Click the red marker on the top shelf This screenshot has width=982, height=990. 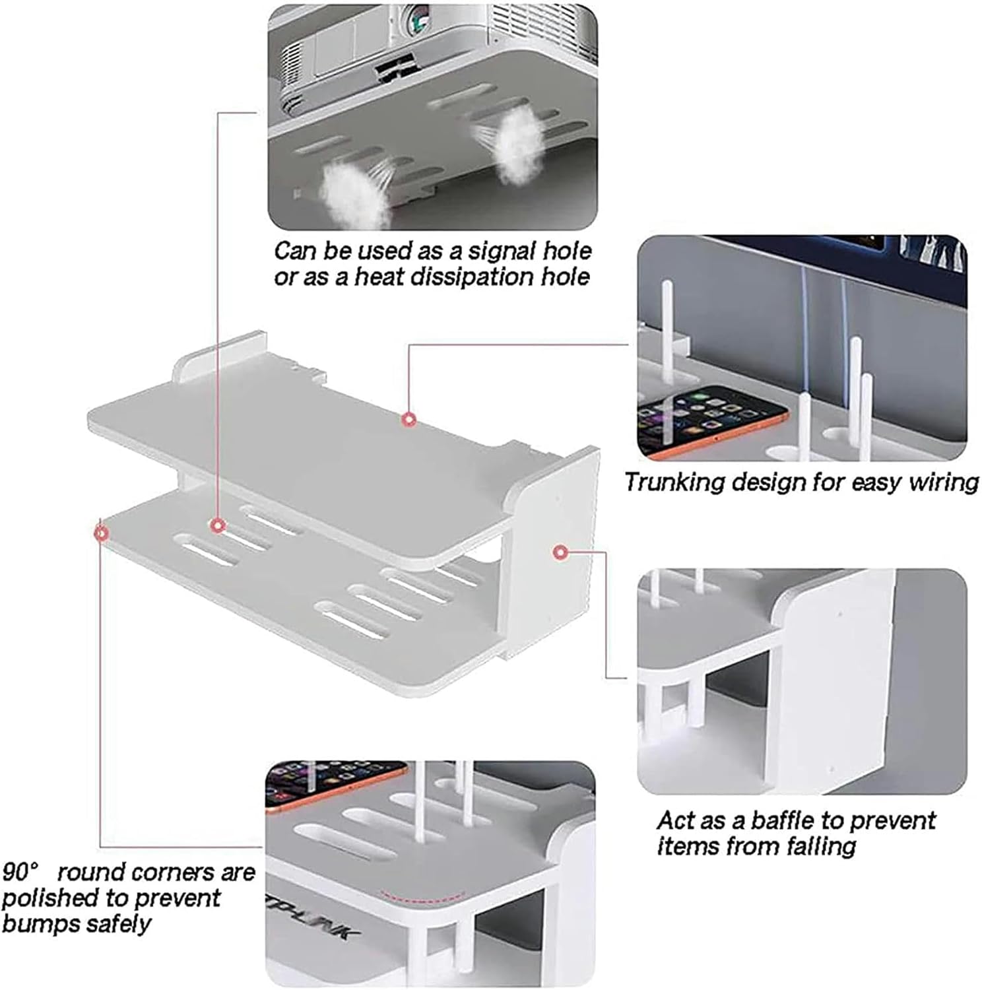(409, 419)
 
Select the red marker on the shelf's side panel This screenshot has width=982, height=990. (560, 552)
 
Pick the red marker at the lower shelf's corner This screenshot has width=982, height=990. (101, 532)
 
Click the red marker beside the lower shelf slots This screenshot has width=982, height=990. (217, 525)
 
